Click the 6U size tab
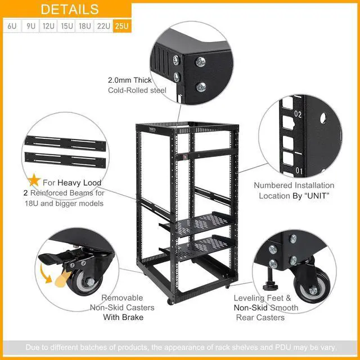tap(11, 26)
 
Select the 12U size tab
tap(48, 26)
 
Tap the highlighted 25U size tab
tap(121, 26)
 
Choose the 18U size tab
tap(85, 26)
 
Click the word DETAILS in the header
tap(70, 10)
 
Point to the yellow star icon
tap(34, 181)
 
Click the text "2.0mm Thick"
tap(130, 80)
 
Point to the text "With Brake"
tap(123, 317)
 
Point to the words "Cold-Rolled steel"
tap(137, 90)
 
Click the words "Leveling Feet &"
tap(263, 298)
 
